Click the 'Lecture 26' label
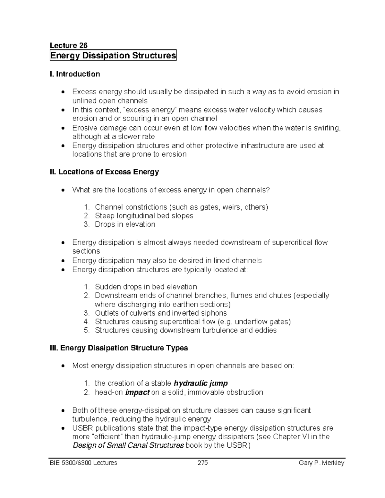(69, 45)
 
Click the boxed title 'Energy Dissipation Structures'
(113, 55)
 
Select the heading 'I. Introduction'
(75, 74)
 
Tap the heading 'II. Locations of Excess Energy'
(104, 172)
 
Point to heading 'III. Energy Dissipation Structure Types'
(119, 348)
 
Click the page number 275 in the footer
(202, 463)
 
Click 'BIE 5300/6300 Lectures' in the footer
(83, 463)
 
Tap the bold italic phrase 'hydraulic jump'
(201, 383)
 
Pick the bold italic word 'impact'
(137, 392)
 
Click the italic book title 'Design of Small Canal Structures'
(128, 445)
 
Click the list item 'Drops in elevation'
(125, 224)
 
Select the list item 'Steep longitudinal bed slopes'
(144, 215)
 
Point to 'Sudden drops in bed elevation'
(146, 287)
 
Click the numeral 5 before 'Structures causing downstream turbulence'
(86, 330)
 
